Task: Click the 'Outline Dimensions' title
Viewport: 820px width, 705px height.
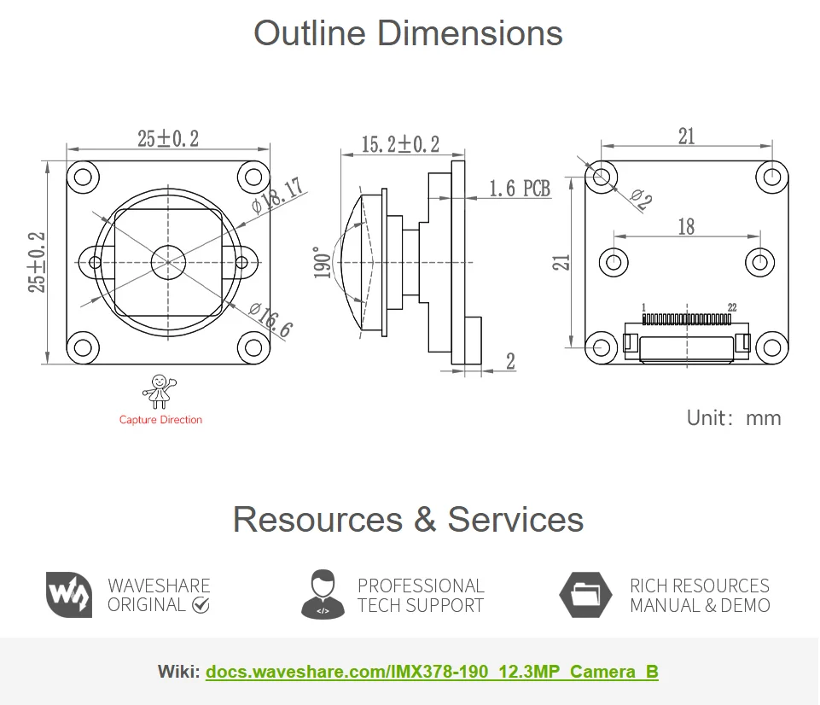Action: click(x=408, y=33)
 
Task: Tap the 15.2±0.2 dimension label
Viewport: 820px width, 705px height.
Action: click(x=400, y=144)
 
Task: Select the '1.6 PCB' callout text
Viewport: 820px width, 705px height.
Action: click(x=520, y=189)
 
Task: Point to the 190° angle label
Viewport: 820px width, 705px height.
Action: click(x=323, y=263)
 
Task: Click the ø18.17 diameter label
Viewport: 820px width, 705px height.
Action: click(x=277, y=195)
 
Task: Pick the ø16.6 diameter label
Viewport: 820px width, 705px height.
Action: click(x=270, y=320)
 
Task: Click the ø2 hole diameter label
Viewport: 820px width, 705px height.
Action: click(x=641, y=199)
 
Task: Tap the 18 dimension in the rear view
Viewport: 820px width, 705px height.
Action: click(x=686, y=226)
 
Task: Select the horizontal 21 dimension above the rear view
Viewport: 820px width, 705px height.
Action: click(x=687, y=136)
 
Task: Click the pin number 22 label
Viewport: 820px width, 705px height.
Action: click(x=732, y=307)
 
